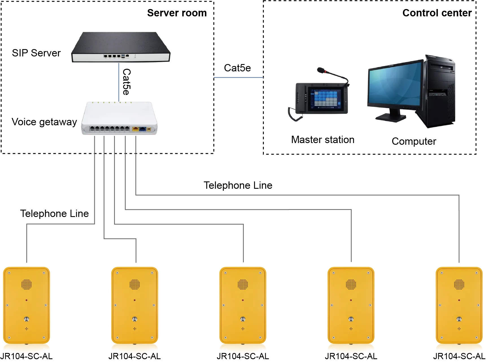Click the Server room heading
coord(177,13)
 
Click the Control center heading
coord(437,13)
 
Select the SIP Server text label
coord(36,53)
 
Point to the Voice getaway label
coord(44,122)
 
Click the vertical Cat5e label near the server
coord(126,82)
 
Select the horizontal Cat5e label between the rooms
coord(237,68)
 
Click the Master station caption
coord(322,140)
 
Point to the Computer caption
coord(414,141)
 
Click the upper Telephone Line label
coord(238,185)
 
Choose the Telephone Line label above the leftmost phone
coord(54,214)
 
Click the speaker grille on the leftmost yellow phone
coord(27,284)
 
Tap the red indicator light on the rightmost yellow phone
coord(459,300)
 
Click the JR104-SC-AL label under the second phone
coord(134,356)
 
